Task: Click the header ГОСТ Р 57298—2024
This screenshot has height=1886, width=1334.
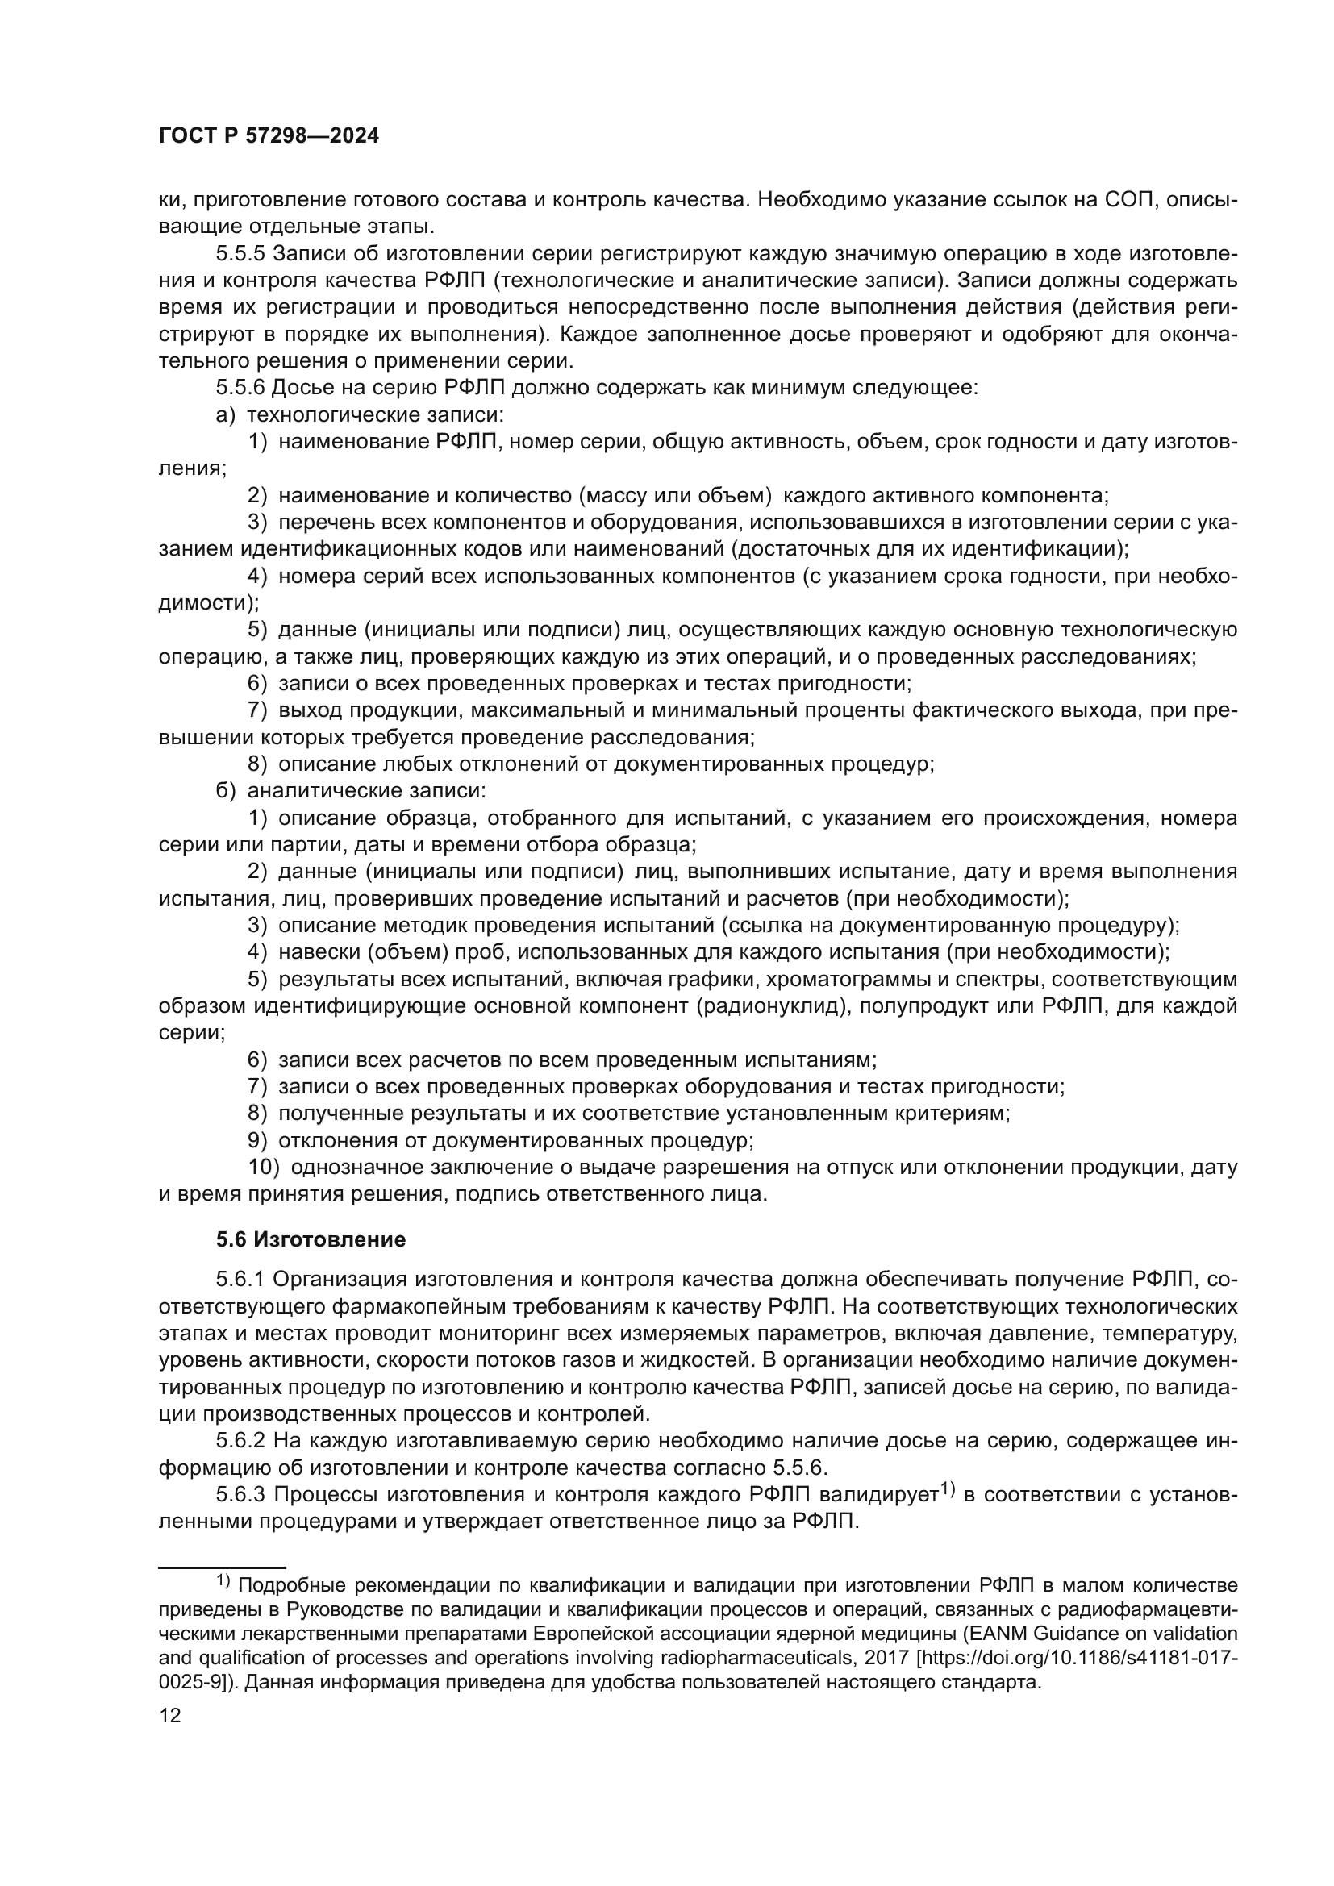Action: pos(269,136)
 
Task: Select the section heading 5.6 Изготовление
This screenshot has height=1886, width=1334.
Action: pos(311,1239)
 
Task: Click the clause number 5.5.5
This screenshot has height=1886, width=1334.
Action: pos(240,254)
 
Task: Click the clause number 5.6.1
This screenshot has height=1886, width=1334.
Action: pos(240,1280)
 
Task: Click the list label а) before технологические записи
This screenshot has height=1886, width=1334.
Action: pos(226,414)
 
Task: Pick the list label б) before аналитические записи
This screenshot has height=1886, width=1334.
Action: pos(226,791)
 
